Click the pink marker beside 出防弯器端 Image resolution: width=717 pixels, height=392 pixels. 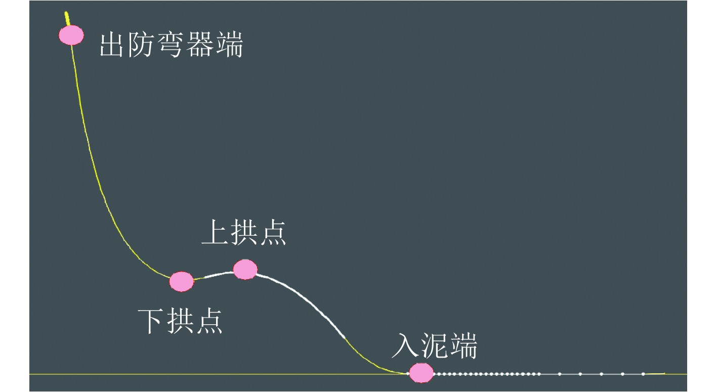(71, 35)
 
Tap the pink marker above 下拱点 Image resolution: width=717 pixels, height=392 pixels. (181, 281)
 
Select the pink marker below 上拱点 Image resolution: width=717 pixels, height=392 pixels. (245, 270)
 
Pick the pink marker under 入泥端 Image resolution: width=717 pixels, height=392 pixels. (421, 373)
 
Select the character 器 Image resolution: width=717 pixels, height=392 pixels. (200, 45)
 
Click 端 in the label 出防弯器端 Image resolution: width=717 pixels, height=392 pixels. (229, 45)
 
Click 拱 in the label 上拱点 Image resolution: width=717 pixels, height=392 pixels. (244, 233)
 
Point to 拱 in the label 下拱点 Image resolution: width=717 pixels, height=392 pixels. (181, 321)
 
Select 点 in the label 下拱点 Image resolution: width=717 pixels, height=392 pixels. (209, 321)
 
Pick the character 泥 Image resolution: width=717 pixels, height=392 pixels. (434, 346)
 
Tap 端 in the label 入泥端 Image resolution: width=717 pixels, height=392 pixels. (462, 346)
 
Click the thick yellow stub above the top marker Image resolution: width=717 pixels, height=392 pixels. (67, 18)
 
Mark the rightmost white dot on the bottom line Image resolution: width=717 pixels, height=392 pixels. (643, 374)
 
